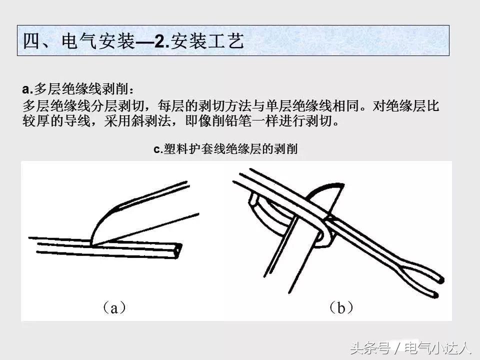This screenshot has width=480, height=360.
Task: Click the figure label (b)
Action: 341,307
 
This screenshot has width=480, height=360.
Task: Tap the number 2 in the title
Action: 159,41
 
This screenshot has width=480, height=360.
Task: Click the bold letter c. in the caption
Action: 158,149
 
